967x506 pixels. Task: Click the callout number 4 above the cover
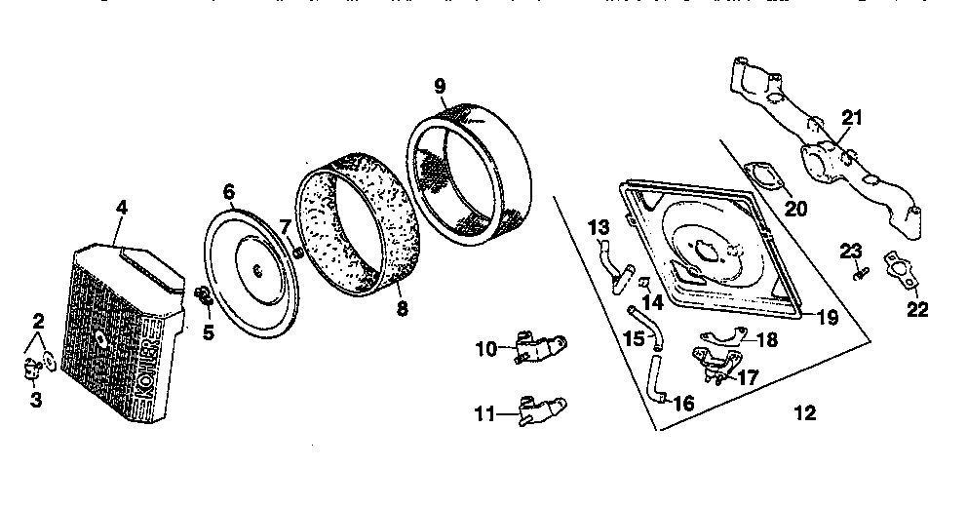(x=121, y=207)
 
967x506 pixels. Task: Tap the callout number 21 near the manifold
(x=851, y=118)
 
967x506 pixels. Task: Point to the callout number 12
(x=804, y=413)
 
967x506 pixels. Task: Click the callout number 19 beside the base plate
(x=826, y=316)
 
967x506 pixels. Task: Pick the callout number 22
(x=916, y=311)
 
